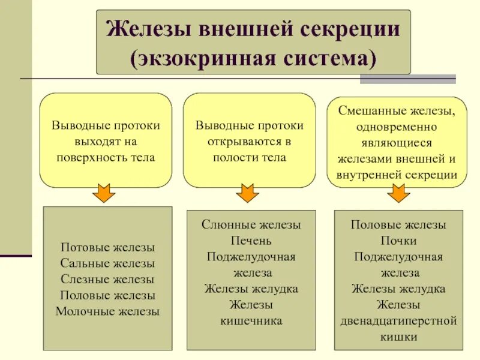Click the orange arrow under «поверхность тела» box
[106, 193]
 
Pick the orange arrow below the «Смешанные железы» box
[397, 193]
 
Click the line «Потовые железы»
[108, 247]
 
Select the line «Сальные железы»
[108, 263]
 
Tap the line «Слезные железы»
[108, 279]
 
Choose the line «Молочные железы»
[108, 311]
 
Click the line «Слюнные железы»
[251, 224]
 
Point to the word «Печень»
[251, 241]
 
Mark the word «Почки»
[398, 241]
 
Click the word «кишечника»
[251, 320]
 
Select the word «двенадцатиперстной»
[398, 320]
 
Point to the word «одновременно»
[398, 128]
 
